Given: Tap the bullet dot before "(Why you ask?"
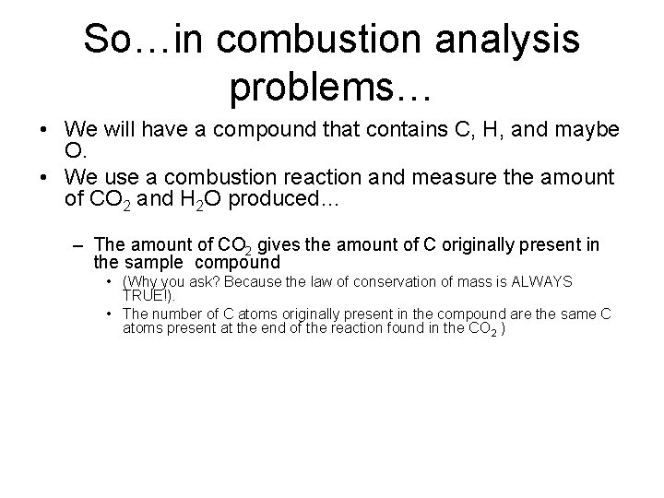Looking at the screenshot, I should (x=109, y=280).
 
